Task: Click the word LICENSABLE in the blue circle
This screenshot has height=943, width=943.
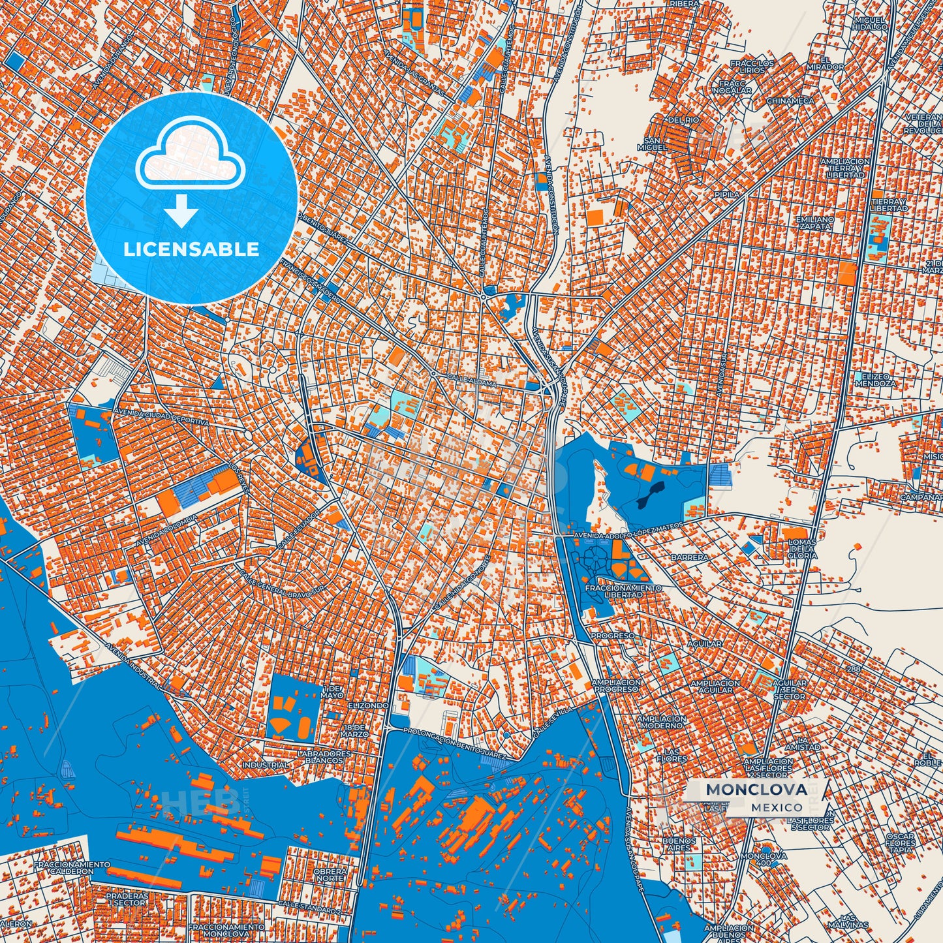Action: coord(191,249)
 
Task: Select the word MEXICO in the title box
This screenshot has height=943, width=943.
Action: coord(777,807)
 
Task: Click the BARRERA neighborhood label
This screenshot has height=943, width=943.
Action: coord(689,558)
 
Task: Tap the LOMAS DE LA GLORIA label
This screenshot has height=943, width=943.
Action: coord(802,549)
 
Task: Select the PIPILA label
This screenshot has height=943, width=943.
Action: coord(728,194)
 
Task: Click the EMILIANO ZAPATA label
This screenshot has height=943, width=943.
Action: coord(814,223)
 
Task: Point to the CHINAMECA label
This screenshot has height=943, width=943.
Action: coord(790,101)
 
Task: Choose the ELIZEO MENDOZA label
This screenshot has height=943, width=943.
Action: coord(875,380)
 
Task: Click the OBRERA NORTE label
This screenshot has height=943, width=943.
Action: coord(330,875)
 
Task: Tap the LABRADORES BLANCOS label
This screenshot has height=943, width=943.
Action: coord(324,757)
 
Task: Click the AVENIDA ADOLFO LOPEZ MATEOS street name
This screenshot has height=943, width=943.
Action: coord(628,531)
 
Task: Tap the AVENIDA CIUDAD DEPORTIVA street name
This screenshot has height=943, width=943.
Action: coord(162,418)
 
